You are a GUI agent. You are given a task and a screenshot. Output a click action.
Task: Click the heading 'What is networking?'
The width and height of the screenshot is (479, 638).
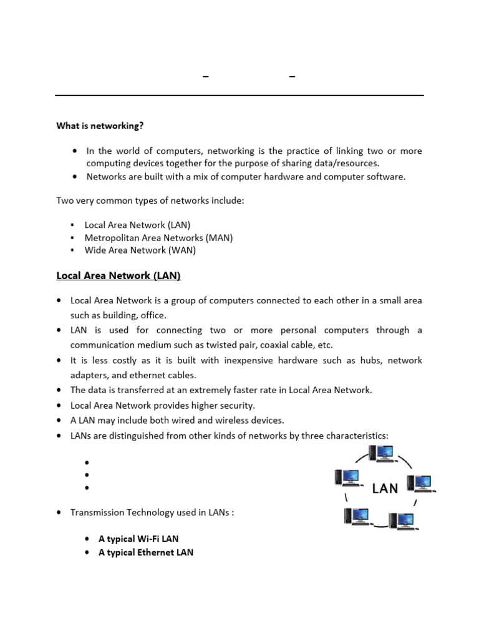click(x=100, y=126)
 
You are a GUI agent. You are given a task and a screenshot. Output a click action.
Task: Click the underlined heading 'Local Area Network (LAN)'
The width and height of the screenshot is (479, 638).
click(x=119, y=275)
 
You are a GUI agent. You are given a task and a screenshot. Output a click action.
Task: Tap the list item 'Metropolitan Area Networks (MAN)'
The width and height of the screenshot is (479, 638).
click(x=158, y=237)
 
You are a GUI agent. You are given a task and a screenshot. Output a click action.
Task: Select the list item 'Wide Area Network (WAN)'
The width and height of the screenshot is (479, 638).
click(x=140, y=250)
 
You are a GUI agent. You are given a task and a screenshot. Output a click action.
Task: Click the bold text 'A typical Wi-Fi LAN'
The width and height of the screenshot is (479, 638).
click(x=138, y=538)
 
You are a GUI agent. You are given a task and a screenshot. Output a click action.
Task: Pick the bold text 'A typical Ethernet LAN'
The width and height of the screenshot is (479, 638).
click(x=146, y=552)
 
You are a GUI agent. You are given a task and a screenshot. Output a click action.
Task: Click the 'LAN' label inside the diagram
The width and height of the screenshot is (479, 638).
click(x=385, y=488)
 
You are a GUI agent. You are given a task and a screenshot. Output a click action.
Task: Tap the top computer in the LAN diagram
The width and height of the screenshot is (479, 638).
click(x=380, y=454)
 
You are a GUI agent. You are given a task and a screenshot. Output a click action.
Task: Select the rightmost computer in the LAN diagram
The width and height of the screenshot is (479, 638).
click(x=420, y=483)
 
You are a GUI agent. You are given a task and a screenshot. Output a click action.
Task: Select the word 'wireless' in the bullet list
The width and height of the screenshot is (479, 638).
click(x=228, y=420)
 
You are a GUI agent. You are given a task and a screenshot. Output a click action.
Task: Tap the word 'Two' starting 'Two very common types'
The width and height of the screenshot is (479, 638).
click(x=64, y=201)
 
